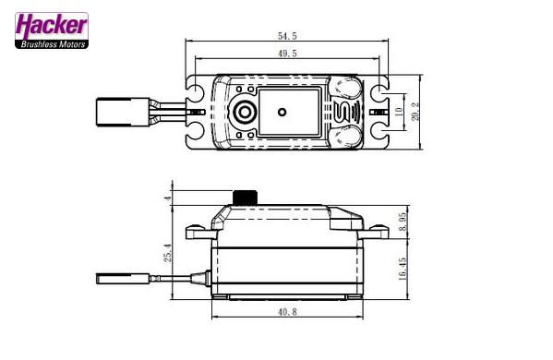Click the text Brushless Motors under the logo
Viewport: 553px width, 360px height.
pos(51,42)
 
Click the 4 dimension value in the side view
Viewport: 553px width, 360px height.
pos(168,198)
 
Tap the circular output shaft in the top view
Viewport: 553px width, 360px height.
pos(246,113)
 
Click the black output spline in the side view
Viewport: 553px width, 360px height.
pos(245,198)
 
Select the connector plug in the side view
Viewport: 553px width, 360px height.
pos(118,276)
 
